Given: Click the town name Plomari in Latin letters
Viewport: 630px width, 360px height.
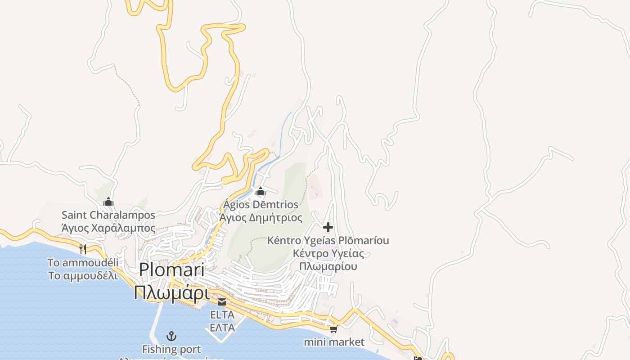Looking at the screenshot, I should click(171, 270).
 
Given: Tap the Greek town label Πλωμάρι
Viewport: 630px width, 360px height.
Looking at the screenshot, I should click(171, 292).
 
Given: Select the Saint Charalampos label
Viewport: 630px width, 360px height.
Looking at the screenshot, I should click(108, 215).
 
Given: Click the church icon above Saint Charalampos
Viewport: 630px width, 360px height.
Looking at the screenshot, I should click(108, 202).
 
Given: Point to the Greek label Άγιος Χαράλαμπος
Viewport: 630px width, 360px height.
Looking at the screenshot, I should click(108, 228).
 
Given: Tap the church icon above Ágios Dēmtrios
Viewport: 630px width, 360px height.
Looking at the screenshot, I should click(260, 192).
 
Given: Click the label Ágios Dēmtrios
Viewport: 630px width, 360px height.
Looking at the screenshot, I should click(261, 205).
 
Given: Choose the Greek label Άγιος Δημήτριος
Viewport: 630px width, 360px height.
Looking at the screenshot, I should click(261, 218).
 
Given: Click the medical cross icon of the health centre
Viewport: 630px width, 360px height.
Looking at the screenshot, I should click(328, 227).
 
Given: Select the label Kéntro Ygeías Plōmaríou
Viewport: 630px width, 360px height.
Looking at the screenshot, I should click(328, 240).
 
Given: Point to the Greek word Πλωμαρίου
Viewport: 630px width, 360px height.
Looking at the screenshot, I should click(328, 266).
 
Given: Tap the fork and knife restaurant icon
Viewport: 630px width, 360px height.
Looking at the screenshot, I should click(83, 249).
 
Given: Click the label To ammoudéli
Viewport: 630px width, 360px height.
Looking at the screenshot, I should click(83, 262).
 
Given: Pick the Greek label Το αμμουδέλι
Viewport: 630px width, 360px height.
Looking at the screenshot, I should click(83, 275).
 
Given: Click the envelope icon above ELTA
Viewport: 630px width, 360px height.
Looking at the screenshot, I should click(222, 301).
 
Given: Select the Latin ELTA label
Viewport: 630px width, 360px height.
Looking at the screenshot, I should click(222, 314).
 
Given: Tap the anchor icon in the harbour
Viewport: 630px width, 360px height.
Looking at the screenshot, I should click(171, 336).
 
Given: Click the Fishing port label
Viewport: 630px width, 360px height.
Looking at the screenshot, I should click(171, 349).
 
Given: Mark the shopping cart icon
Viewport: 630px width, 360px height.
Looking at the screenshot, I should click(333, 329).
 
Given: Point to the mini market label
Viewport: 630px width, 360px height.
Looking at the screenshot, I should click(334, 342).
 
